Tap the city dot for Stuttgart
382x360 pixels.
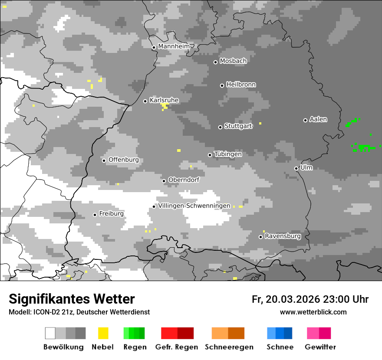pyautogui.click(x=221, y=127)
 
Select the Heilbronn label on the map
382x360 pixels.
pyautogui.click(x=241, y=85)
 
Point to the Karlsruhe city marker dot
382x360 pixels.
pyautogui.click(x=145, y=101)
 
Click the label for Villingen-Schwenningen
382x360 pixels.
pyautogui.click(x=194, y=206)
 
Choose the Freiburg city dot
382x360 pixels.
pyautogui.click(x=95, y=215)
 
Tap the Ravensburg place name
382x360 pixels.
pyautogui.click(x=283, y=236)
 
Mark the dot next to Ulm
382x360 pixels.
pyautogui.click(x=296, y=168)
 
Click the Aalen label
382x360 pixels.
pyautogui.click(x=318, y=119)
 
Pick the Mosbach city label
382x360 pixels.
pyautogui.click(x=233, y=61)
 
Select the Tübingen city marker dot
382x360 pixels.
pyautogui.click(x=210, y=155)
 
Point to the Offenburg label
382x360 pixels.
pyautogui.click(x=124, y=160)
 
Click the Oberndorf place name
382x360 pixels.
pyautogui.click(x=184, y=180)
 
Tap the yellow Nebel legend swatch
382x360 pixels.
pyautogui.click(x=103, y=333)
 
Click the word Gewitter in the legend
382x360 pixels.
pyautogui.click(x=320, y=347)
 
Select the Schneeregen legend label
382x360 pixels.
pyautogui.click(x=229, y=347)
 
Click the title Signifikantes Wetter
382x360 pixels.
pyautogui.click(x=72, y=299)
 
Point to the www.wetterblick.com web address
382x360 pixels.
pyautogui.click(x=313, y=312)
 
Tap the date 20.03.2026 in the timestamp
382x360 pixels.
pyautogui.click(x=293, y=299)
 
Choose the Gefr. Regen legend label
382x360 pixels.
pyautogui.click(x=177, y=347)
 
